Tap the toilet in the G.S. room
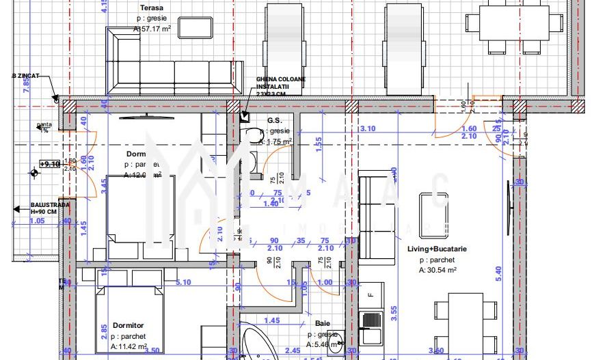[256, 135]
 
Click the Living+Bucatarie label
[437, 249]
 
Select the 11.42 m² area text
[130, 347]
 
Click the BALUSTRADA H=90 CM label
[50, 208]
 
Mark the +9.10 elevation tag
[49, 164]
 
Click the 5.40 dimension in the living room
[499, 271]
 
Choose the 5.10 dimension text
[183, 281]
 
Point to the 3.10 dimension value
[367, 128]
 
